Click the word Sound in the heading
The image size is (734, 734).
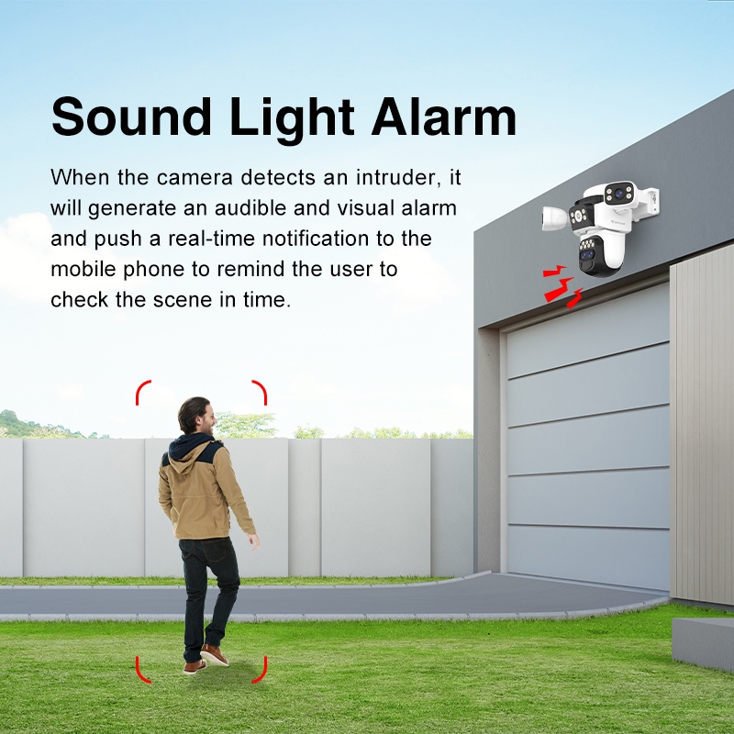tap(131, 117)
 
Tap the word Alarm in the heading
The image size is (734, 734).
tap(444, 116)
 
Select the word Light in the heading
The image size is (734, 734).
tap(291, 118)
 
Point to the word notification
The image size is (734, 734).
tap(316, 239)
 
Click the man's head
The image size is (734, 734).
tap(195, 416)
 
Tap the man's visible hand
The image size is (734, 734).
tap(253, 541)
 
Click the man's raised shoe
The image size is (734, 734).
tap(214, 654)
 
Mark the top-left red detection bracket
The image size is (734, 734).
tap(142, 392)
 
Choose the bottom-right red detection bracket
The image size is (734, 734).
tap(261, 670)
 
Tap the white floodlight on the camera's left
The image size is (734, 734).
tap(556, 218)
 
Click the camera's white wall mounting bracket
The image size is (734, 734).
tap(649, 200)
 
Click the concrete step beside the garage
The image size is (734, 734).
tap(703, 644)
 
